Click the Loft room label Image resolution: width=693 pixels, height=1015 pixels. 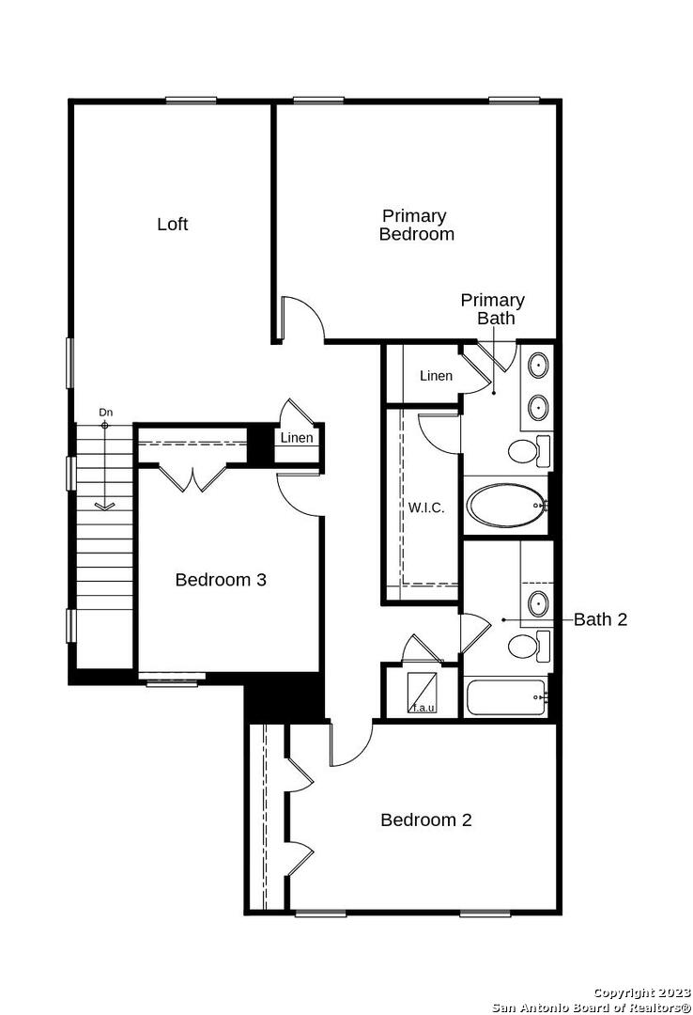pyautogui.click(x=172, y=224)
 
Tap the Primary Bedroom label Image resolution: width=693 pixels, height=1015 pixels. pyautogui.click(x=416, y=225)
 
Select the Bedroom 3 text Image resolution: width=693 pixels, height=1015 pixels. pyautogui.click(x=221, y=579)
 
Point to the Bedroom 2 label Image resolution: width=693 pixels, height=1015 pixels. pyautogui.click(x=425, y=820)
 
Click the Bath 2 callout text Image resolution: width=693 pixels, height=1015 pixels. pyautogui.click(x=600, y=619)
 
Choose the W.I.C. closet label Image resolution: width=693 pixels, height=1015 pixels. pyautogui.click(x=425, y=507)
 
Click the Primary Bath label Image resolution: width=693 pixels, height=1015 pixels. pyautogui.click(x=492, y=309)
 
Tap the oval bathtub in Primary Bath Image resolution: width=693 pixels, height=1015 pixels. pyautogui.click(x=506, y=506)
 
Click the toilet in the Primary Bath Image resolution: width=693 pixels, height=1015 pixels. pyautogui.click(x=530, y=450)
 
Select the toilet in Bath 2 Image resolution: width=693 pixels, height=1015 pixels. pyautogui.click(x=530, y=646)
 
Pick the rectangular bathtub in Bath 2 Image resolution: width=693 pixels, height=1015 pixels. pyautogui.click(x=506, y=697)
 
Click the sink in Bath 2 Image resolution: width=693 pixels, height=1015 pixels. pyautogui.click(x=538, y=603)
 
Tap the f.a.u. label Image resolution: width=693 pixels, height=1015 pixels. pyautogui.click(x=423, y=708)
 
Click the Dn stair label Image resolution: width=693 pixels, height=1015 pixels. pyautogui.click(x=105, y=413)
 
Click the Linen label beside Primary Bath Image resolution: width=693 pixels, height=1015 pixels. pyautogui.click(x=436, y=375)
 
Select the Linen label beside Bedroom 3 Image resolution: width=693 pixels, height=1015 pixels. pyautogui.click(x=297, y=438)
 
